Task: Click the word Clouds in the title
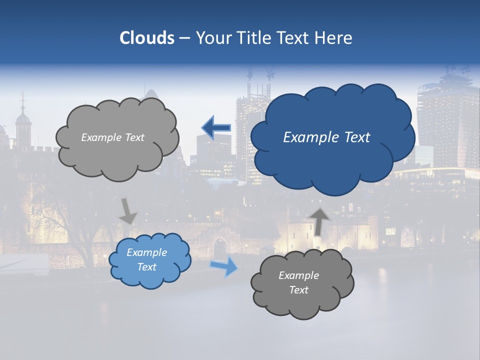147,38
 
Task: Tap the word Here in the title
334,38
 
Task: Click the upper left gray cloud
117,150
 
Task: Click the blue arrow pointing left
216,127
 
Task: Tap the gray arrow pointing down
128,211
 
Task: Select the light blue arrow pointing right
223,266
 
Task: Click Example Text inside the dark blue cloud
326,137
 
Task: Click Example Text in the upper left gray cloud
112,137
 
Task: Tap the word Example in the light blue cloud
146,252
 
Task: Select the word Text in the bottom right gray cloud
299,290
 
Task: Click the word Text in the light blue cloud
146,267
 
